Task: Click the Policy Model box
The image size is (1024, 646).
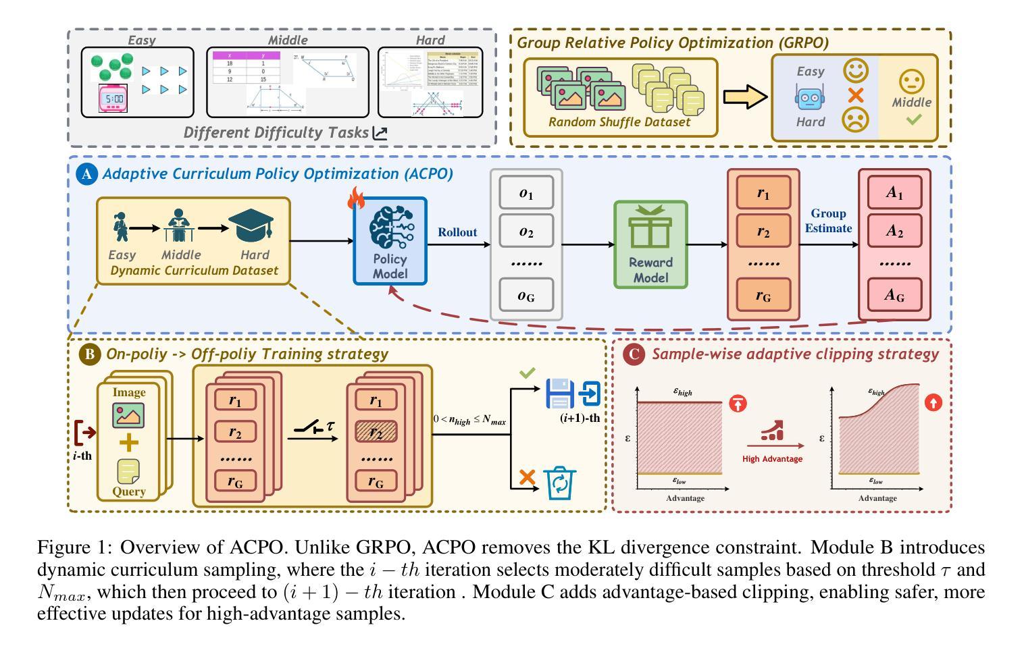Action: coord(390,241)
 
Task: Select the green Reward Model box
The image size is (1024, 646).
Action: coord(650,244)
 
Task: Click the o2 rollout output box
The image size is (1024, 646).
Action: coord(526,232)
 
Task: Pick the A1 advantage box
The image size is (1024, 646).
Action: coord(894,193)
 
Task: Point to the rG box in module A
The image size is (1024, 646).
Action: coord(763,295)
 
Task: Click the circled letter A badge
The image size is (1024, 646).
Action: coord(86,174)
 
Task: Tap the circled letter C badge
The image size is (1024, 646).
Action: coord(633,354)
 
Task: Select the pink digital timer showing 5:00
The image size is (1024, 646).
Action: coord(113,99)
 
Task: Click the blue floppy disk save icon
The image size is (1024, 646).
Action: coord(559,394)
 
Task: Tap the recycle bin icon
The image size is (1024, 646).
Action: coord(561,483)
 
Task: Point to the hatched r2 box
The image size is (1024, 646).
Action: coord(376,433)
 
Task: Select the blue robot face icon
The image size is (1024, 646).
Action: coord(809,97)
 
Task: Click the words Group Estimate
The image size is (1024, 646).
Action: coord(828,221)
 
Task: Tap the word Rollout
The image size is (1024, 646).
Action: coord(457,232)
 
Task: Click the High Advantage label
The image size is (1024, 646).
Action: coord(772,459)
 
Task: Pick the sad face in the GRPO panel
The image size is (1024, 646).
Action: coord(855,120)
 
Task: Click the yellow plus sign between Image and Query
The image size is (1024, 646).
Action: coord(128,443)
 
